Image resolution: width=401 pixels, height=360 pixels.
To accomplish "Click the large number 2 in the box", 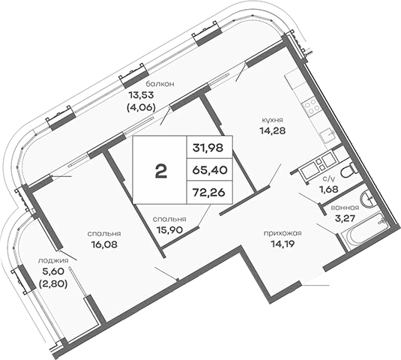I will point(160,171).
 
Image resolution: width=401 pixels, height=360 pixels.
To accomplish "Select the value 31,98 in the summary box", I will point(210,145).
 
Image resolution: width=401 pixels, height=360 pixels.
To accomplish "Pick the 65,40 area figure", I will point(210,171).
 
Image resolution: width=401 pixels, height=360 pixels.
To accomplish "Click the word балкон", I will point(160,84).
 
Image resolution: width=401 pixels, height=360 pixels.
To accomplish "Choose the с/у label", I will point(328,178).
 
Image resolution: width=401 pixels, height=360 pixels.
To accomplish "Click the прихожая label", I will point(283,232).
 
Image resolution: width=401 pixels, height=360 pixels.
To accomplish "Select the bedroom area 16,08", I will point(105,243).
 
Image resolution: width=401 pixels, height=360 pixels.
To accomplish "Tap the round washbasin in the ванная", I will point(370,200).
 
